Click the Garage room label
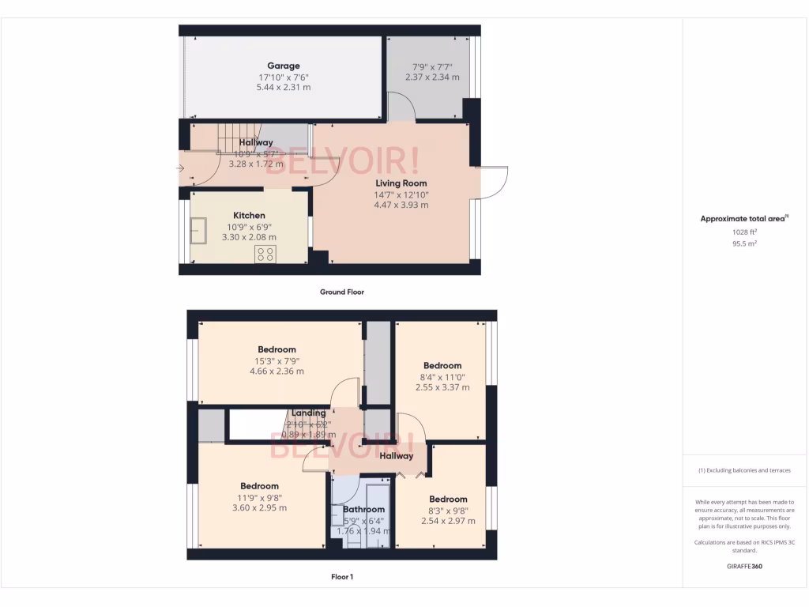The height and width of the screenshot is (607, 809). click(283, 66)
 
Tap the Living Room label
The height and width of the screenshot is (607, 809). click(401, 183)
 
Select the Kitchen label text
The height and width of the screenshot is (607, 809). click(249, 216)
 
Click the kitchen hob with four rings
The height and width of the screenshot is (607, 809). click(265, 254)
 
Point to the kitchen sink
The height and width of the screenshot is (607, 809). click(198, 231)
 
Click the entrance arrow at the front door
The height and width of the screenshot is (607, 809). click(180, 168)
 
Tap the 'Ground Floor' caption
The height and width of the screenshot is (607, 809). click(341, 292)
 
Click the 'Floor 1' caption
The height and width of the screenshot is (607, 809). click(341, 577)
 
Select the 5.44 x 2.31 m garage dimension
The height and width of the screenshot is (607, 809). click(283, 88)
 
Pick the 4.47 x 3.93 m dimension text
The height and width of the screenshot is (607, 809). click(401, 205)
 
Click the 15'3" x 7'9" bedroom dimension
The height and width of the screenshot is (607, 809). click(277, 360)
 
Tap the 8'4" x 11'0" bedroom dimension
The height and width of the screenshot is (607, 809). click(442, 377)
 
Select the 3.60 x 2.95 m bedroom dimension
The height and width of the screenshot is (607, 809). click(259, 508)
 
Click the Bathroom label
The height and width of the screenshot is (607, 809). click(363, 510)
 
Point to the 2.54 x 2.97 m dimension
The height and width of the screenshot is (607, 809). click(448, 522)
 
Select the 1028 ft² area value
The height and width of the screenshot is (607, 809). click(745, 232)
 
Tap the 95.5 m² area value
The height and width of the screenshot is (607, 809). click(745, 244)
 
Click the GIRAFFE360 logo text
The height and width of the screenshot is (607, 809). click(745, 567)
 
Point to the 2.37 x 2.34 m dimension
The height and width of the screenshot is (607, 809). click(432, 77)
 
